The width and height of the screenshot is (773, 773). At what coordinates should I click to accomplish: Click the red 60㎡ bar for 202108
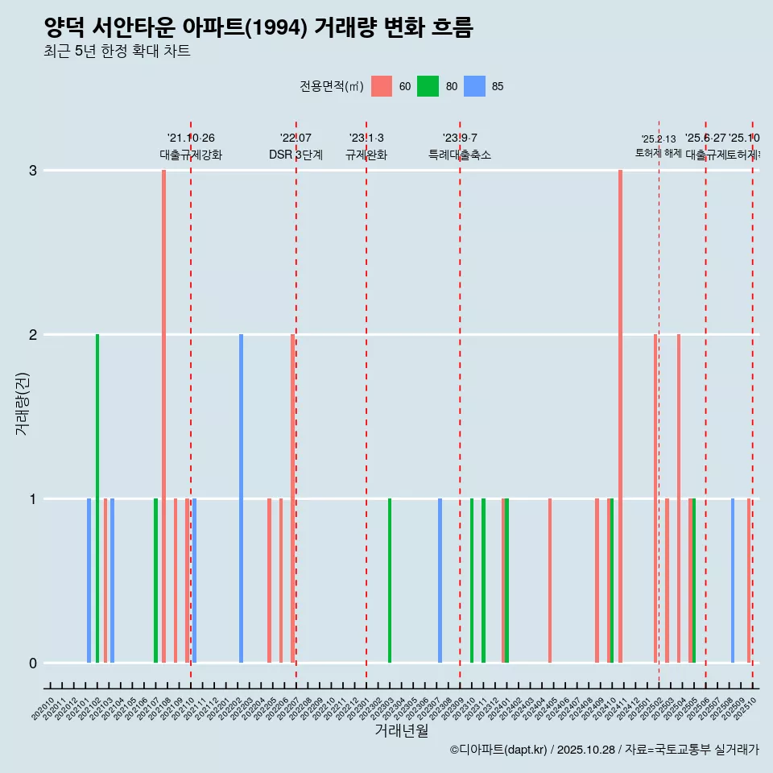163,416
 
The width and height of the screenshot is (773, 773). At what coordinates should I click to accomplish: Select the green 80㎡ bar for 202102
97,498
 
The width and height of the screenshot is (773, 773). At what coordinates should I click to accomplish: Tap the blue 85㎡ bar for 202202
241,498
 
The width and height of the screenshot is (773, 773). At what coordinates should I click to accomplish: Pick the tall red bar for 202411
620,416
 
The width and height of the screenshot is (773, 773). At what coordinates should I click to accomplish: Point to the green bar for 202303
390,581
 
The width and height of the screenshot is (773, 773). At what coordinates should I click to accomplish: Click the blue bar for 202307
440,581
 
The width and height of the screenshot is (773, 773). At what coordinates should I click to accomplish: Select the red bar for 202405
550,581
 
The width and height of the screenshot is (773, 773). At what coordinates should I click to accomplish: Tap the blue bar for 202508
733,581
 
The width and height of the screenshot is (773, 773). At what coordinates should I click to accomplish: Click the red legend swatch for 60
382,87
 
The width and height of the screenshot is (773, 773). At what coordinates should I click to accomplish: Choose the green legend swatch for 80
428,87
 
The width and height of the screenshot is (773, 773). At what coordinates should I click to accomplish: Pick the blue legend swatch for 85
474,87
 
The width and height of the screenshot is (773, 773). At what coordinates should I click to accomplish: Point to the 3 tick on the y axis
33,171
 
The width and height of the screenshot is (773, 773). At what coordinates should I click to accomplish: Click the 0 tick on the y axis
33,663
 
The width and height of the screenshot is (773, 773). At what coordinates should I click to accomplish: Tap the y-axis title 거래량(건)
22,403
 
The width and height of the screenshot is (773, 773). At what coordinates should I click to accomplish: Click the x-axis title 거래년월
401,730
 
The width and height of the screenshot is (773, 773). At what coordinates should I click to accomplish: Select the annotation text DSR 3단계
296,155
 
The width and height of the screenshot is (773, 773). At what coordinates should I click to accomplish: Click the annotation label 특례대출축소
459,155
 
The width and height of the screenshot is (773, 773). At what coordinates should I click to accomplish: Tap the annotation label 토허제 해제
658,153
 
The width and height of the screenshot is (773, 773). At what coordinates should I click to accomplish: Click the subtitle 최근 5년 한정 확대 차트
117,52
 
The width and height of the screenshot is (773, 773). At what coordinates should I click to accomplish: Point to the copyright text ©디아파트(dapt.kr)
498,750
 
